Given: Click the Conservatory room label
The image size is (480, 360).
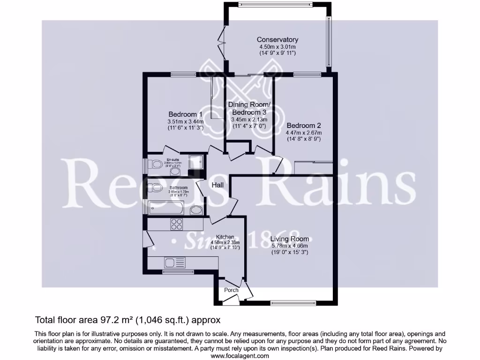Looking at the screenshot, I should pos(277,40).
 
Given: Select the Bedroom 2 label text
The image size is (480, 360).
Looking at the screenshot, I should pos(304,126).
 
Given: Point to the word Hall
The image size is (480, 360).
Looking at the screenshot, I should pos(217,185).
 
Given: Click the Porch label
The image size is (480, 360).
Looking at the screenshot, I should pos(231,290).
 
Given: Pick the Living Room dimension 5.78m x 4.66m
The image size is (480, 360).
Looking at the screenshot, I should pos(290,246).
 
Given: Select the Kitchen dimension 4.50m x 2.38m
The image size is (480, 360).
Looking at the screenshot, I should pos(225,242).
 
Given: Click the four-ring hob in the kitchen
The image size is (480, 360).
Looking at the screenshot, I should pos(177,224).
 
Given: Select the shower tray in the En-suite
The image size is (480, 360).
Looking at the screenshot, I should pos(196,162).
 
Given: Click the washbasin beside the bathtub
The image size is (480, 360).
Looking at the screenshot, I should pos(196,210).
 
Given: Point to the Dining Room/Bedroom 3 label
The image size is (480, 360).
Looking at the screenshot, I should pos(249,108).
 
